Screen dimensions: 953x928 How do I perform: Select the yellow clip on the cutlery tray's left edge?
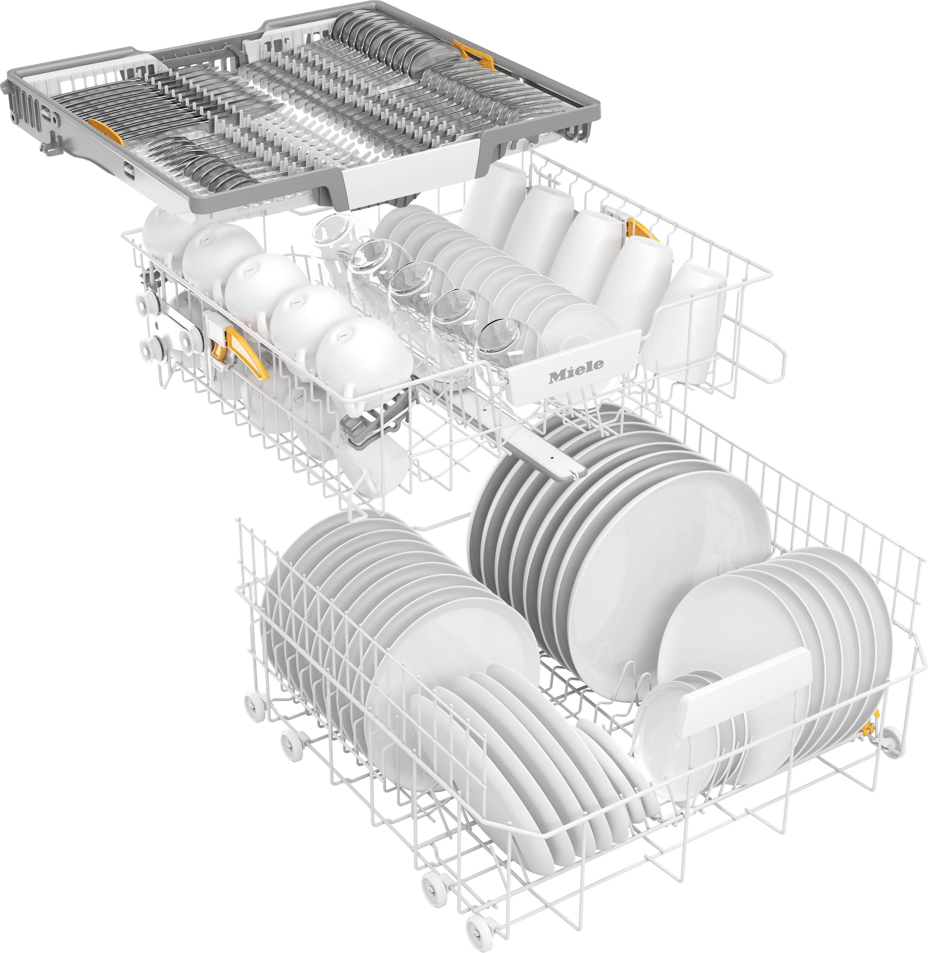(x=106, y=137)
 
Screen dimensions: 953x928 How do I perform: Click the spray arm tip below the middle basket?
(x=565, y=468)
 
